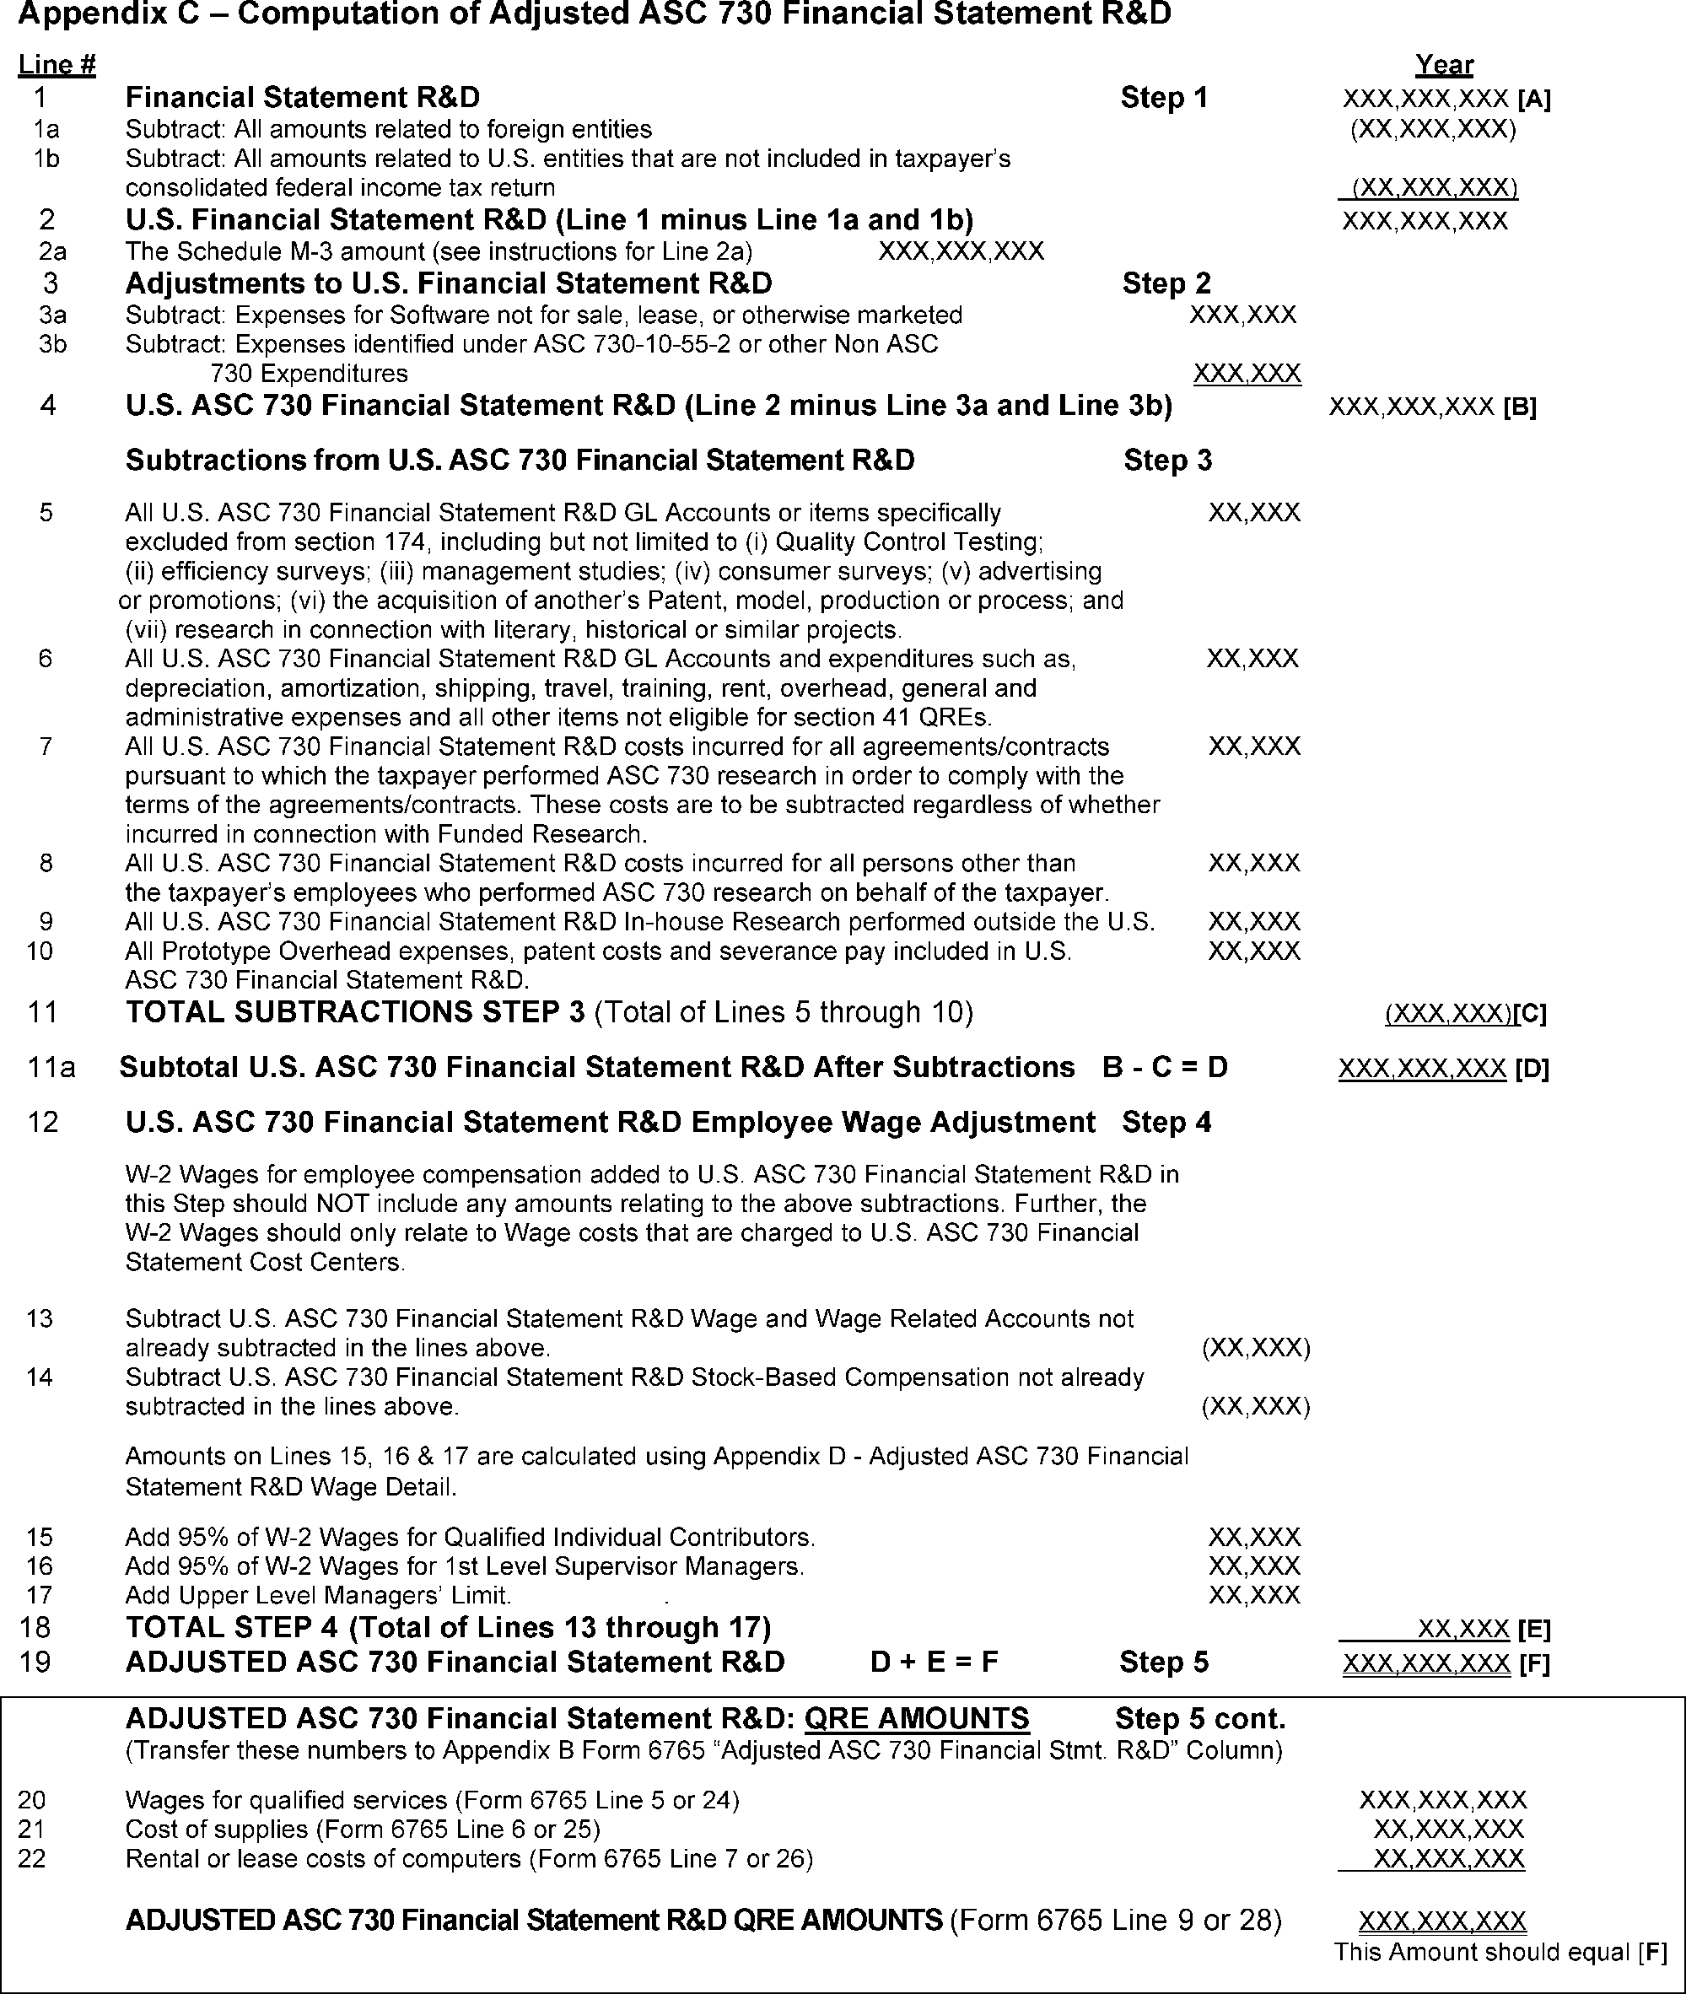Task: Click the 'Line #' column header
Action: [57, 65]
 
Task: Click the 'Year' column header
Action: [1443, 65]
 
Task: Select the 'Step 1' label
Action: [1163, 98]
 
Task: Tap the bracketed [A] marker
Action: [1534, 99]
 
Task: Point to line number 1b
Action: [46, 159]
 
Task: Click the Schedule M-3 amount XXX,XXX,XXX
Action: [961, 251]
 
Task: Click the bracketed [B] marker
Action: [1520, 407]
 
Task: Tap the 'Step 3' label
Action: [1167, 460]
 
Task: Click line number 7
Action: [46, 746]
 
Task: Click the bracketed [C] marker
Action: [1529, 1013]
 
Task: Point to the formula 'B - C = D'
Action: [1164, 1068]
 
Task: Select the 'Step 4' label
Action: [1166, 1122]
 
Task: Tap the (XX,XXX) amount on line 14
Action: [1256, 1406]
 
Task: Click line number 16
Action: [39, 1566]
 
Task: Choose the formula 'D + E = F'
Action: [934, 1663]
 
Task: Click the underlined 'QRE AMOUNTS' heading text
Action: [917, 1719]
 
